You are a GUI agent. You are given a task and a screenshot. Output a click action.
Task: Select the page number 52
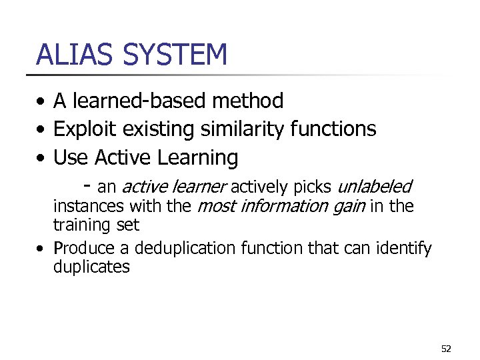click(x=446, y=349)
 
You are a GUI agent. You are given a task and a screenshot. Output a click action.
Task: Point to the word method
click(x=247, y=101)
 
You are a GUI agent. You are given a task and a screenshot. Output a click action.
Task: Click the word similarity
click(x=246, y=129)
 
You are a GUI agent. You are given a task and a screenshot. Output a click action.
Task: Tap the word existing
click(x=158, y=129)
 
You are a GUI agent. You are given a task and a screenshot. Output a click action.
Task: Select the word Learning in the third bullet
click(x=198, y=158)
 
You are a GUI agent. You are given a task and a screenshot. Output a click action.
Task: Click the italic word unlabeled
click(x=375, y=186)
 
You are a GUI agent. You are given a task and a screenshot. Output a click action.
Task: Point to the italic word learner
click(x=199, y=186)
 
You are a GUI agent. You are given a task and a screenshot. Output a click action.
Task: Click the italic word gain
click(x=347, y=207)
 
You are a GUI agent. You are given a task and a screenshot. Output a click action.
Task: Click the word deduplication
click(x=185, y=249)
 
